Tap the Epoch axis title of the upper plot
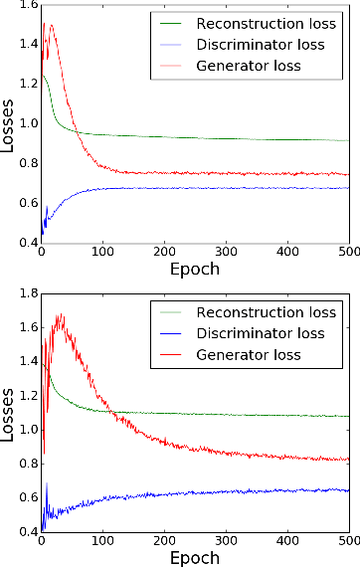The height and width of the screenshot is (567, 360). coord(194,270)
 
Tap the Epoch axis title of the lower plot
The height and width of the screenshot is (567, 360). coord(194,557)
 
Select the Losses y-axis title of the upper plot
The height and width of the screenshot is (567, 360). coord(8,123)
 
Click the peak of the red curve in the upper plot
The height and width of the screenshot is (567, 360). coord(49,24)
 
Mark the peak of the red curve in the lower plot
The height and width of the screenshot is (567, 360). coord(62,315)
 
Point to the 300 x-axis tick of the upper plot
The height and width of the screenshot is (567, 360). coord(286,253)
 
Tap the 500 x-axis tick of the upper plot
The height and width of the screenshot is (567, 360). coord(347,253)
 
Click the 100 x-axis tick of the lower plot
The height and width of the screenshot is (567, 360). coord(102,542)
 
